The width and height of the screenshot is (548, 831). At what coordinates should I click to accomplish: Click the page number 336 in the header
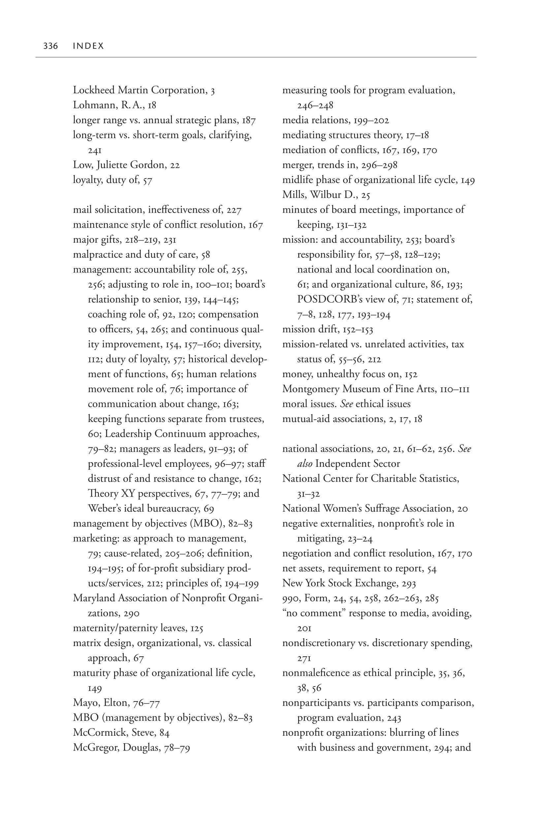50,46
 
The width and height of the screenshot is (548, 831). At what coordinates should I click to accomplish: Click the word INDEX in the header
88,46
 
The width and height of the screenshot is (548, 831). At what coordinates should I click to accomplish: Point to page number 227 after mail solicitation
234,210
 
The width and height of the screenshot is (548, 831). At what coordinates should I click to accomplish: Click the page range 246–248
315,105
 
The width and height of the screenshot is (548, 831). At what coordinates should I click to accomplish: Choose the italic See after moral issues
346,404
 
